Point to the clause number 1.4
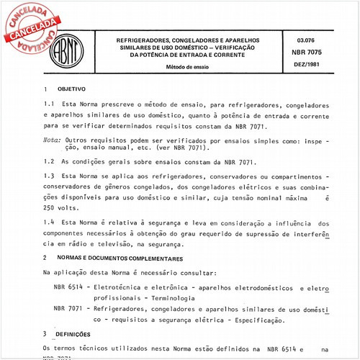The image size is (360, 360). [48, 223]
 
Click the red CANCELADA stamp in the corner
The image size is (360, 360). [30, 29]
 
